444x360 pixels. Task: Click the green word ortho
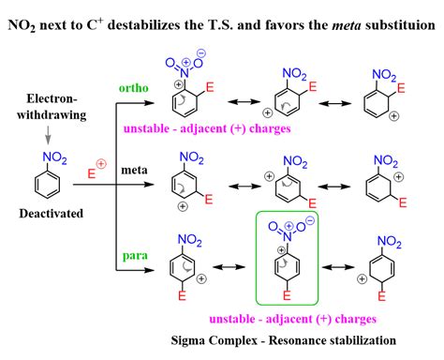point(133,88)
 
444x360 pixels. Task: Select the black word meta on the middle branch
point(131,169)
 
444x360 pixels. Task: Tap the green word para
point(132,251)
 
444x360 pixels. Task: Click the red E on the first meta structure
point(211,199)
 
